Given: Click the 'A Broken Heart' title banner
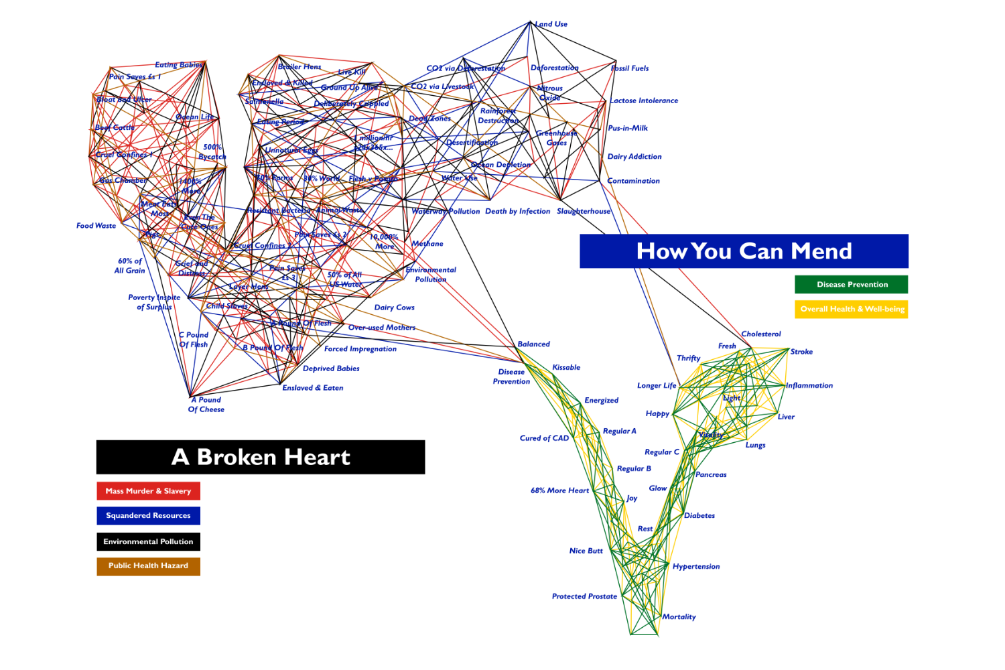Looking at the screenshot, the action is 261,457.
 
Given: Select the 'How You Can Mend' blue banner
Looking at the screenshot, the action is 744,251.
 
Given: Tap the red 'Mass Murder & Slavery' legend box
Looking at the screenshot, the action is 148,491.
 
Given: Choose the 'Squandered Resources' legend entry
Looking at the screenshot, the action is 148,516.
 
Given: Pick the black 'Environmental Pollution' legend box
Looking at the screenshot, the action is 148,541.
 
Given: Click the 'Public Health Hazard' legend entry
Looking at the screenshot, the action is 148,565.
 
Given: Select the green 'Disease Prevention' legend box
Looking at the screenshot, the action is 852,285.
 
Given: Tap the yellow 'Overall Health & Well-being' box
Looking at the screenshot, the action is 852,309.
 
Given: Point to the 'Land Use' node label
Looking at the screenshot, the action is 551,24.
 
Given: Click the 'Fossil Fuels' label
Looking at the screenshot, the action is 630,68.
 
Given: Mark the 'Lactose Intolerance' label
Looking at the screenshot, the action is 644,100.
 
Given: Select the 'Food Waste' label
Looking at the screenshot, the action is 96,226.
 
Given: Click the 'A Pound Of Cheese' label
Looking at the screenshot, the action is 206,405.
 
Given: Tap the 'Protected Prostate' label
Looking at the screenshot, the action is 584,596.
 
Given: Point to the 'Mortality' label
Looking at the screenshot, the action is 679,617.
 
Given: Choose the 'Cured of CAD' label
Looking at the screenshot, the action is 544,438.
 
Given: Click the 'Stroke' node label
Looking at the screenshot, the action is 801,352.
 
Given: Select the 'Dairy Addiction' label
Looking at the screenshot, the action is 634,157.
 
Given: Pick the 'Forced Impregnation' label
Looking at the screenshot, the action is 360,349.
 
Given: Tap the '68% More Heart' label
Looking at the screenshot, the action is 559,490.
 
